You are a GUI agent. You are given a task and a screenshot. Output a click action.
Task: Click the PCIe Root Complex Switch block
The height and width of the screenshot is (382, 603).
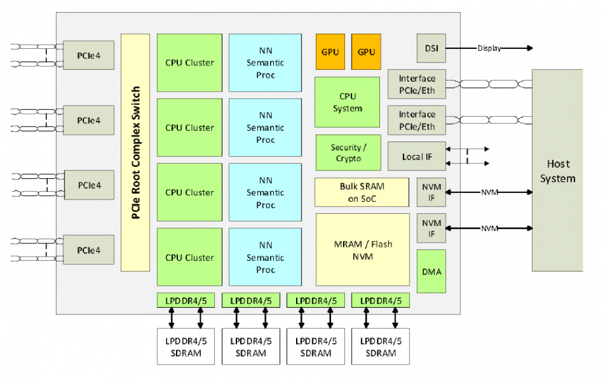[x=135, y=152]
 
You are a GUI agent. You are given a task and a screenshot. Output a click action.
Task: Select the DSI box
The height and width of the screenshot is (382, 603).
[x=431, y=48]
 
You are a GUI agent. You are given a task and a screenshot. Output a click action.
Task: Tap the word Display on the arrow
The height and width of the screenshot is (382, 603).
[x=489, y=48]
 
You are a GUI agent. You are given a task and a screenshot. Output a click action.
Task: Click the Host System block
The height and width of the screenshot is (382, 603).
[x=557, y=171]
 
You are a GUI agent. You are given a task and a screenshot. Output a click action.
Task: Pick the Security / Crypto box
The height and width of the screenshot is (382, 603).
[x=348, y=152]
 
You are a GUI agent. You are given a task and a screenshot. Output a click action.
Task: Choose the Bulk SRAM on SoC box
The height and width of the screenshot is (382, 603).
[x=362, y=192]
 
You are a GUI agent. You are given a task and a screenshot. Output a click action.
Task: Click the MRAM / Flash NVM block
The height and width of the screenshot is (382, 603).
[x=362, y=249]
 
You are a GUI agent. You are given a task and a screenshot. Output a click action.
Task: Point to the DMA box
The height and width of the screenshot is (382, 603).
[x=431, y=271]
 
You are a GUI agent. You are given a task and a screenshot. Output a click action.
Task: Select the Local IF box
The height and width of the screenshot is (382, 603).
[x=416, y=157]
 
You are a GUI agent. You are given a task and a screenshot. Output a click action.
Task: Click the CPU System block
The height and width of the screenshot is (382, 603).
[x=347, y=102]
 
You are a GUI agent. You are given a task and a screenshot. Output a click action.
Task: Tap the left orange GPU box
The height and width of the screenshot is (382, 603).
[x=330, y=52]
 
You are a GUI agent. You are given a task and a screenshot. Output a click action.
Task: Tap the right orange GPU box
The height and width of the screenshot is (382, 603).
[x=366, y=52]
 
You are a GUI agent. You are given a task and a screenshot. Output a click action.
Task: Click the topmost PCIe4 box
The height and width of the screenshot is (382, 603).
[x=89, y=55]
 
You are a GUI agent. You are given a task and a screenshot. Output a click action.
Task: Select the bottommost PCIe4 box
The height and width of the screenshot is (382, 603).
[x=89, y=249]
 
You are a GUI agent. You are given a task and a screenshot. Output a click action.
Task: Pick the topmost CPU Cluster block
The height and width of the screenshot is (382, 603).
[x=189, y=63]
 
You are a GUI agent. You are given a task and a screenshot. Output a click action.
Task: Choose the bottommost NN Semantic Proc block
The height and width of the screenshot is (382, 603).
[x=265, y=257]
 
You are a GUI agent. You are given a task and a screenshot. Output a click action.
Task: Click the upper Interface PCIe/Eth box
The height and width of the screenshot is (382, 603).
[x=417, y=85]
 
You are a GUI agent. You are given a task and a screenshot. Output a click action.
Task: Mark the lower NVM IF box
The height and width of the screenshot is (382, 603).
[x=431, y=228]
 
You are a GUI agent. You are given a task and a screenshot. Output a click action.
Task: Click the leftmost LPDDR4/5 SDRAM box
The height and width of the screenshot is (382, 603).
[x=186, y=346]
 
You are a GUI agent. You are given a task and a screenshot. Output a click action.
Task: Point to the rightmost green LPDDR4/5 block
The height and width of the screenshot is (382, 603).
[x=380, y=299]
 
